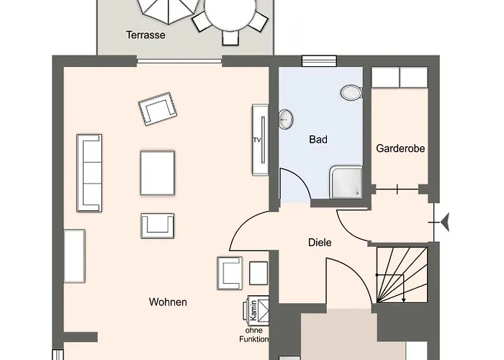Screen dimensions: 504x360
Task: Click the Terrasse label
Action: (x=145, y=35)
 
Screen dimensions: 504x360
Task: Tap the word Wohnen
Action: (x=168, y=302)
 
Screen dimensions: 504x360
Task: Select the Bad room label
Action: (x=318, y=140)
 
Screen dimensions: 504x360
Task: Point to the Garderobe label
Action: (x=400, y=148)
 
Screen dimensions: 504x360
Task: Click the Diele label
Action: (x=320, y=243)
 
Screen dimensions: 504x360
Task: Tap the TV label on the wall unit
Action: (x=257, y=140)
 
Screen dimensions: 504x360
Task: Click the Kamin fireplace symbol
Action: (x=256, y=310)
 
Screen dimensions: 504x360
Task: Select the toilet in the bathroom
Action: (x=351, y=93)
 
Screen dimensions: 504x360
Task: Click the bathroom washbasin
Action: (x=285, y=119)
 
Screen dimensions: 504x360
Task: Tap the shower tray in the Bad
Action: (x=346, y=182)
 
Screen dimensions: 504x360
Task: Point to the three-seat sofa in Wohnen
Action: (x=89, y=173)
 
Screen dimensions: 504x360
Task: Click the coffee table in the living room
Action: (x=158, y=173)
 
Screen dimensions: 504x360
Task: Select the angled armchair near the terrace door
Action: (x=158, y=109)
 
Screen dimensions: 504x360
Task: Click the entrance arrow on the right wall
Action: (x=445, y=222)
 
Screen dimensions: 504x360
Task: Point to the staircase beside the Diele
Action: (x=402, y=275)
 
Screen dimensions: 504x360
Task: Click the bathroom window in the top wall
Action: (x=319, y=60)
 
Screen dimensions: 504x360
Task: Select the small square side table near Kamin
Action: (x=258, y=273)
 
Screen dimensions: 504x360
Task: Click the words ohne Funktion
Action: (x=254, y=335)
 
